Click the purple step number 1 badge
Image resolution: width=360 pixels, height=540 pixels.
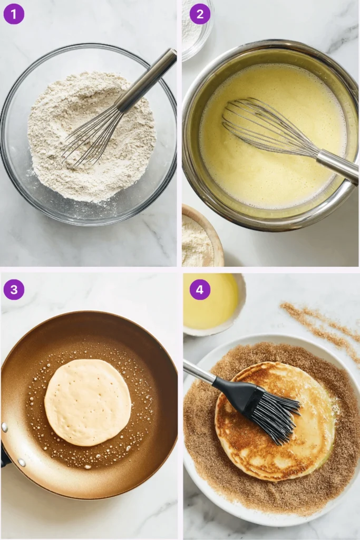pyautogui.click(x=14, y=14)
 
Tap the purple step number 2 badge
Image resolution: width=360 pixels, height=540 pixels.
pyautogui.click(x=200, y=14)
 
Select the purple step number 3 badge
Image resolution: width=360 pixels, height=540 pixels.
pyautogui.click(x=14, y=290)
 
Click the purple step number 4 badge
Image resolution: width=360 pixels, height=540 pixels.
pyautogui.click(x=200, y=290)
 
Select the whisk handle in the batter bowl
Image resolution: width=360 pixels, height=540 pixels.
pyautogui.click(x=337, y=166)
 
